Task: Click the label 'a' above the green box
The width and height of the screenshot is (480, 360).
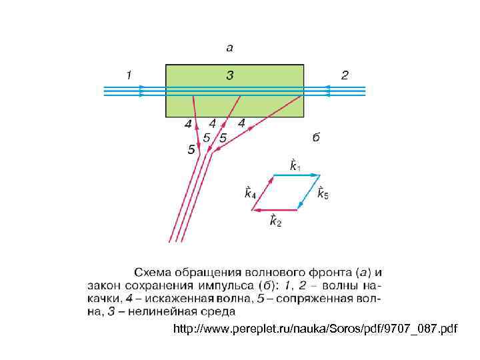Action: (230, 48)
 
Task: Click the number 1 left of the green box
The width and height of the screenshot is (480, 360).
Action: (129, 75)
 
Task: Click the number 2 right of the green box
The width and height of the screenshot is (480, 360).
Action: (345, 75)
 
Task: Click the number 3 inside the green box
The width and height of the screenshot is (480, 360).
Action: (230, 75)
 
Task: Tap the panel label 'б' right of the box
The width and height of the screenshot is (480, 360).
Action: (317, 137)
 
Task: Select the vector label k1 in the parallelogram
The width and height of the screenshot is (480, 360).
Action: (293, 165)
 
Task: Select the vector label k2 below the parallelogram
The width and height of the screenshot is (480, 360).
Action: (275, 221)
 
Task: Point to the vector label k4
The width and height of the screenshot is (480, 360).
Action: (250, 193)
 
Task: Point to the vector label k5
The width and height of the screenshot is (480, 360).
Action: (323, 193)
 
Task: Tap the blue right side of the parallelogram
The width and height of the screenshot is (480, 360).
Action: (306, 193)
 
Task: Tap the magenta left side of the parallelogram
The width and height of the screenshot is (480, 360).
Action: (261, 193)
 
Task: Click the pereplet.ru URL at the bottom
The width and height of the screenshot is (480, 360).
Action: (315, 329)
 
